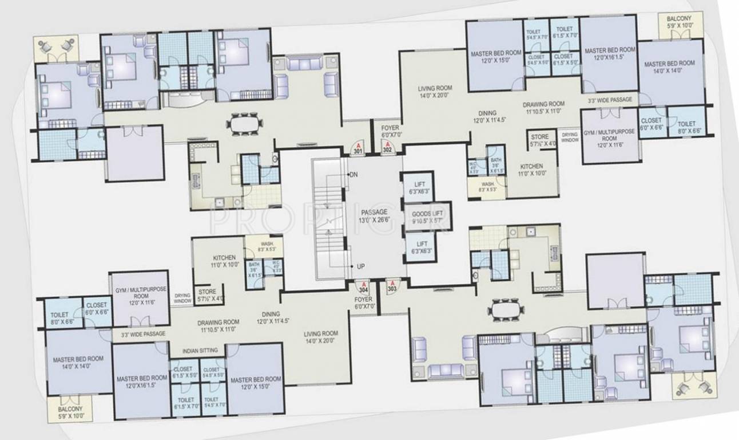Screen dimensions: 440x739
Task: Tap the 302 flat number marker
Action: point(387,147)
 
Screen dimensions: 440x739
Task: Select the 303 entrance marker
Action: point(392,286)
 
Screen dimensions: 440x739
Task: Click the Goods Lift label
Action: point(426,217)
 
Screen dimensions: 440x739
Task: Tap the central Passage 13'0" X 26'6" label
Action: point(374,216)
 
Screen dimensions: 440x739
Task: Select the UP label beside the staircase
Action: point(360,267)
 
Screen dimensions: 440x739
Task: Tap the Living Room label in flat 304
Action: point(321,337)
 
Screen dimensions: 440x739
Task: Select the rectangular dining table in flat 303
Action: point(507,308)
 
